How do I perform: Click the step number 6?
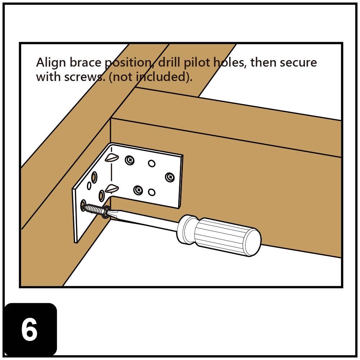30,330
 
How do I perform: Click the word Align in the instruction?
51,63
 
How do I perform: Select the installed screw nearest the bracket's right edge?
170,177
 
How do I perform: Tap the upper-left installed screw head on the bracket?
130,160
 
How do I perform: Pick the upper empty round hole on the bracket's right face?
152,164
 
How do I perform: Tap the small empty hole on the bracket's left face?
89,186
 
